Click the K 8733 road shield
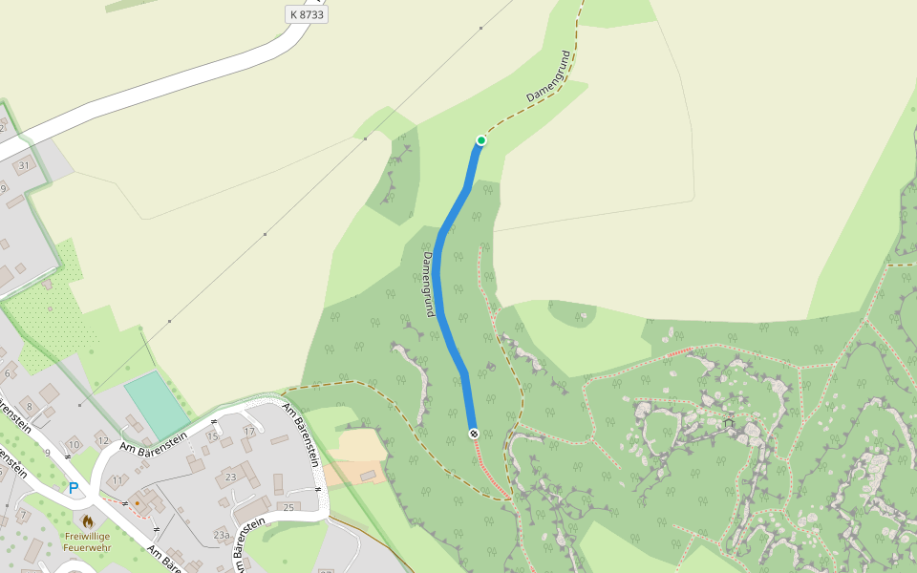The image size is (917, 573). pyautogui.click(x=307, y=14)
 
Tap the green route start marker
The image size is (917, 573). pyautogui.click(x=481, y=140)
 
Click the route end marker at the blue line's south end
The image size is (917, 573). pyautogui.click(x=474, y=434)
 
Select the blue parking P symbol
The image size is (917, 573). pyautogui.click(x=74, y=488)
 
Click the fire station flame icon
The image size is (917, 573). pyautogui.click(x=87, y=521)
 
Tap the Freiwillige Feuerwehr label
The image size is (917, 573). pyautogui.click(x=87, y=541)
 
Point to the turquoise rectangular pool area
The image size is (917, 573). pyautogui.click(x=157, y=404)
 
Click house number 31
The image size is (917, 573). pyautogui.click(x=25, y=165)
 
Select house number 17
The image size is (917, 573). pyautogui.click(x=249, y=432)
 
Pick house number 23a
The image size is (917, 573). pyautogui.click(x=222, y=536)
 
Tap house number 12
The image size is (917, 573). pyautogui.click(x=102, y=439)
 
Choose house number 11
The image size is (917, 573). pyautogui.click(x=117, y=480)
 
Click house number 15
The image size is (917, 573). pyautogui.click(x=212, y=436)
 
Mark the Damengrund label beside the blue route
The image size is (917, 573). pyautogui.click(x=428, y=284)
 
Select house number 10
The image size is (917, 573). pyautogui.click(x=74, y=445)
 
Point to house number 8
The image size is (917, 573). pyautogui.click(x=30, y=407)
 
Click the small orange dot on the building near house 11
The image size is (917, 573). pyautogui.click(x=137, y=501)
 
